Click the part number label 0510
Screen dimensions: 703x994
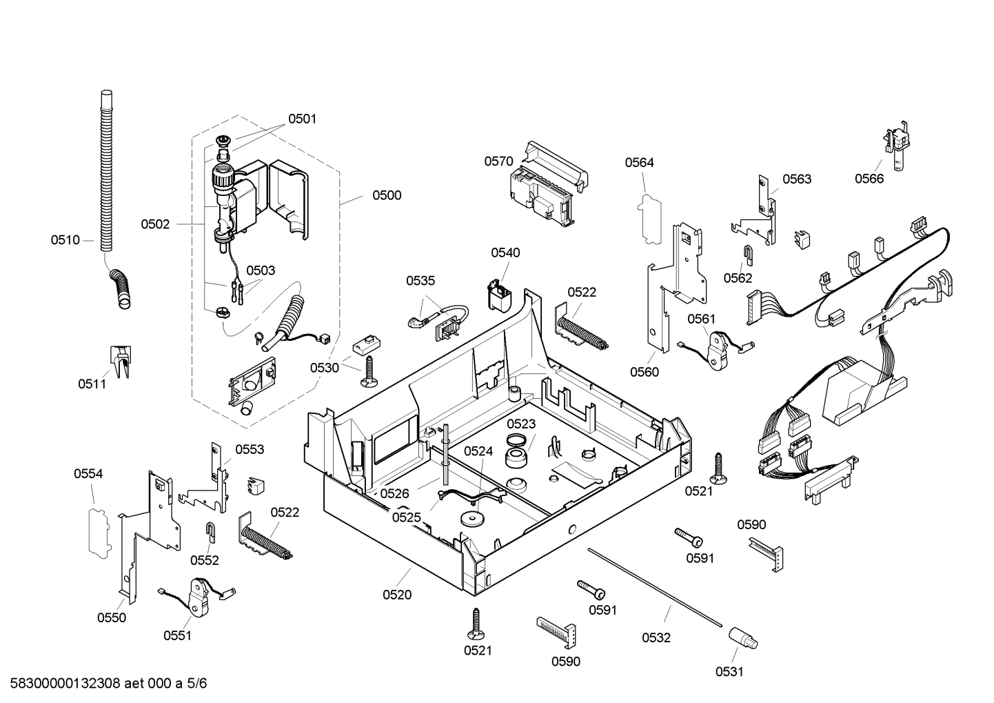click(x=65, y=240)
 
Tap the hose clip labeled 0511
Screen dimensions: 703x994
click(x=120, y=361)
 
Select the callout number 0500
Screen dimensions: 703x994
click(x=387, y=195)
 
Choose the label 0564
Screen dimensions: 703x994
click(x=639, y=163)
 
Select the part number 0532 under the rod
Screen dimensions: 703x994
click(x=656, y=638)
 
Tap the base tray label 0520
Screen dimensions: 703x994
click(x=396, y=595)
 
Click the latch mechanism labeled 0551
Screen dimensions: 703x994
click(x=199, y=595)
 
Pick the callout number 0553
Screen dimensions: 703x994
click(x=250, y=450)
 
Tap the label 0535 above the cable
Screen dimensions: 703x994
click(x=420, y=281)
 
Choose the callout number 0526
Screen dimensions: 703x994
click(x=394, y=493)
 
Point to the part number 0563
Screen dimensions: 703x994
click(x=797, y=179)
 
